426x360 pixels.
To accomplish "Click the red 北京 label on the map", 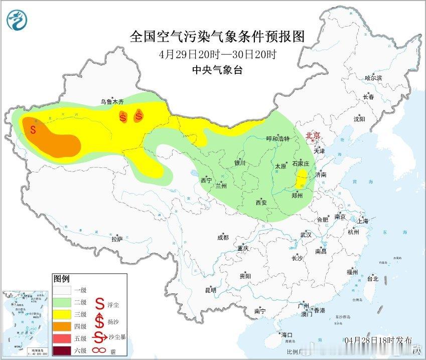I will (313, 135).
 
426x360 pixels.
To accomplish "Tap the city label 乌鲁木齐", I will (112, 101).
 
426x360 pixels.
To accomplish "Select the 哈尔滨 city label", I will (373, 78).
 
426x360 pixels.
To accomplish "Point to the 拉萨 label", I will (117, 239).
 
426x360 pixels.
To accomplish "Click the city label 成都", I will (223, 238).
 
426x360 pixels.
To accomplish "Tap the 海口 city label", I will (287, 334).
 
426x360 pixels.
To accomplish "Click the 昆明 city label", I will (211, 290).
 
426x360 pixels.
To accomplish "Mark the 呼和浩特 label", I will (277, 139).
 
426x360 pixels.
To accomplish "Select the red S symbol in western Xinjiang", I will (33, 129).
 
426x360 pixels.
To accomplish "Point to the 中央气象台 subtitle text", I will (217, 70).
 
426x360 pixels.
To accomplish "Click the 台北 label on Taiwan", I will (372, 279).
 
